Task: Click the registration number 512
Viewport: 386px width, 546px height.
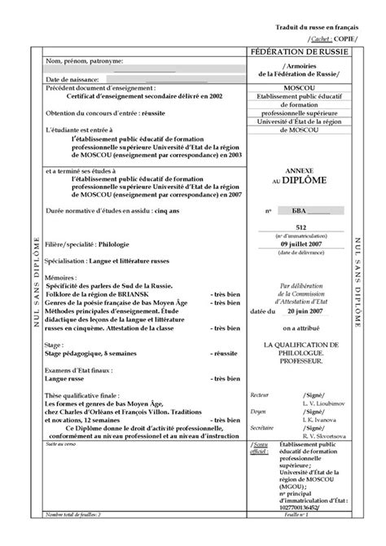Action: click(300, 229)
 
